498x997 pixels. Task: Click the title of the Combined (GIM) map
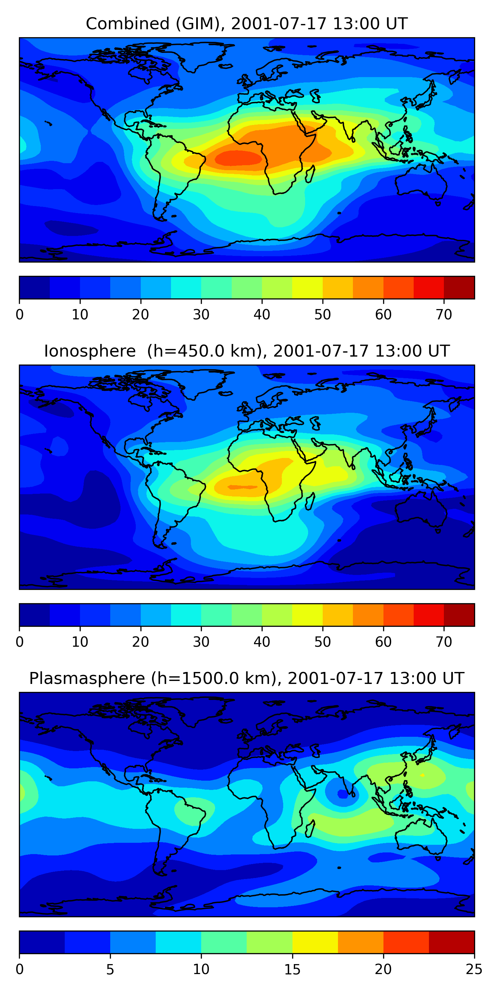pos(247,24)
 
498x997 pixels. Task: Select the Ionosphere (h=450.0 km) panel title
pos(247,351)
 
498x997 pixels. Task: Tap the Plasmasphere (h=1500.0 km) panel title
pos(247,679)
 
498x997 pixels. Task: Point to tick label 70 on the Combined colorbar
pos(444,315)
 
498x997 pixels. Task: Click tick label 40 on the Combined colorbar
pos(262,315)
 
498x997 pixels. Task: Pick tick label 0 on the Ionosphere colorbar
pos(20,642)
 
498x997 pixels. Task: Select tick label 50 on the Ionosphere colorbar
pos(322,642)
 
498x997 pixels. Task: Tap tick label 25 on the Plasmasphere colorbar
pos(474,969)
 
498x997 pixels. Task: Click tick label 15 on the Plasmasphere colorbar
pos(292,969)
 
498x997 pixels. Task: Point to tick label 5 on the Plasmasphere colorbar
pos(110,969)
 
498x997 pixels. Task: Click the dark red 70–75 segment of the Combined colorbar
pos(459,287)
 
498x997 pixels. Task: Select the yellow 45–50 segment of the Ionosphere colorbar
pos(307,615)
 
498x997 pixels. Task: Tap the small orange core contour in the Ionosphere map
pos(243,487)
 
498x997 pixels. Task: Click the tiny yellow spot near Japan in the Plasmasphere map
pos(422,775)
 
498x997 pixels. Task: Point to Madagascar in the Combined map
pos(310,174)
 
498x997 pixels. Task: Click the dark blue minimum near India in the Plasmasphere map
pos(343,794)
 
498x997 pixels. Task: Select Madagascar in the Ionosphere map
pos(310,501)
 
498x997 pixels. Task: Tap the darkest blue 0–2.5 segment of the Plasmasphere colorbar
pos(42,942)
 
